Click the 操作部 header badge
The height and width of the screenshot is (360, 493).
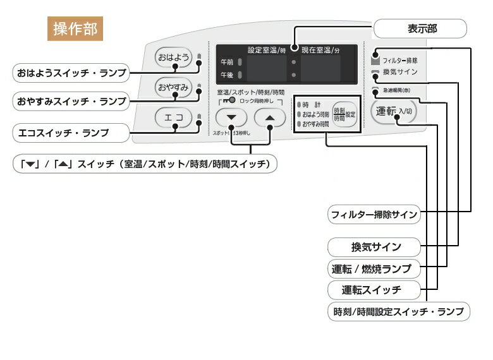[x=75, y=29]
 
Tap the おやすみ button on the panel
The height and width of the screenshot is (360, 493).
[x=173, y=87]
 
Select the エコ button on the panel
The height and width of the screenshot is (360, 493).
[x=173, y=117]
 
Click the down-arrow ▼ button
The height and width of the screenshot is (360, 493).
[x=231, y=117]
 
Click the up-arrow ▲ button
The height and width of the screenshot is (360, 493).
[x=270, y=117]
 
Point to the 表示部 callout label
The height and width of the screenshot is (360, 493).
[x=420, y=28]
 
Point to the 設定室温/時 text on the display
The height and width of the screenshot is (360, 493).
[x=265, y=49]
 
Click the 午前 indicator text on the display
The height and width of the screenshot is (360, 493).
[x=226, y=63]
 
